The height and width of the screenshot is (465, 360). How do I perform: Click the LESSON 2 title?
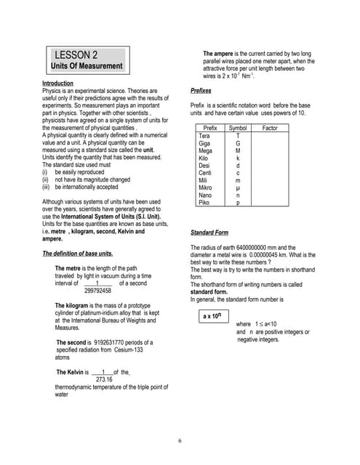tap(76, 55)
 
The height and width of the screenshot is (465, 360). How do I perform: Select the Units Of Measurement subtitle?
tap(87, 67)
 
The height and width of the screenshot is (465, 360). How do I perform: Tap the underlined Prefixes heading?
tap(201, 92)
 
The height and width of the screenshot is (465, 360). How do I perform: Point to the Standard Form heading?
tap(210, 232)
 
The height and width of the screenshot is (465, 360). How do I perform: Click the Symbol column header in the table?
tap(238, 128)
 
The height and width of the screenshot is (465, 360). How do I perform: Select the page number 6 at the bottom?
tap(179, 441)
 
